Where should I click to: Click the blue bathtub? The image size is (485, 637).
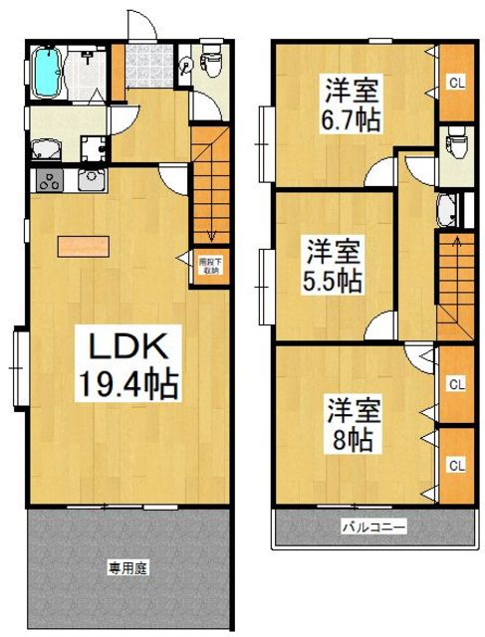pyautogui.click(x=46, y=72)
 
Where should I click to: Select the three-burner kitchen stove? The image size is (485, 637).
pyautogui.click(x=48, y=181)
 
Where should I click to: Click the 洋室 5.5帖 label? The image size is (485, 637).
pyautogui.click(x=332, y=266)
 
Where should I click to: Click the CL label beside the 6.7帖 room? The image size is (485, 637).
pyautogui.click(x=455, y=83)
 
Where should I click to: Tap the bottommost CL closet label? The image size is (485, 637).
pyautogui.click(x=455, y=464)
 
